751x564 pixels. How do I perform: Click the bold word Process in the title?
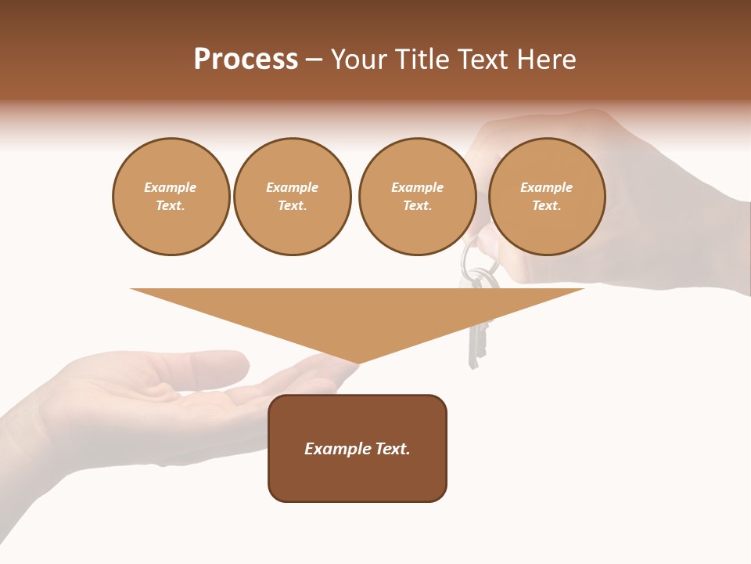pos(246,60)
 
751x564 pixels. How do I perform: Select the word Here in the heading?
pos(546,60)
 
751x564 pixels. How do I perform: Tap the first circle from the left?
pos(171,197)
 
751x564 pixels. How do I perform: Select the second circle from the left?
pos(292,197)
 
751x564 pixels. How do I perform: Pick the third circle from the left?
pos(417,197)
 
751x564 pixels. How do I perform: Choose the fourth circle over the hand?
pos(546,197)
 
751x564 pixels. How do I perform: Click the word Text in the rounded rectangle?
pos(390,449)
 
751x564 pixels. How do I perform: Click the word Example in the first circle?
pos(171,187)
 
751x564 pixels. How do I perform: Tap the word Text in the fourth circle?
pos(546,206)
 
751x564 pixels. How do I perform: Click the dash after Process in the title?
pos(314,60)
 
